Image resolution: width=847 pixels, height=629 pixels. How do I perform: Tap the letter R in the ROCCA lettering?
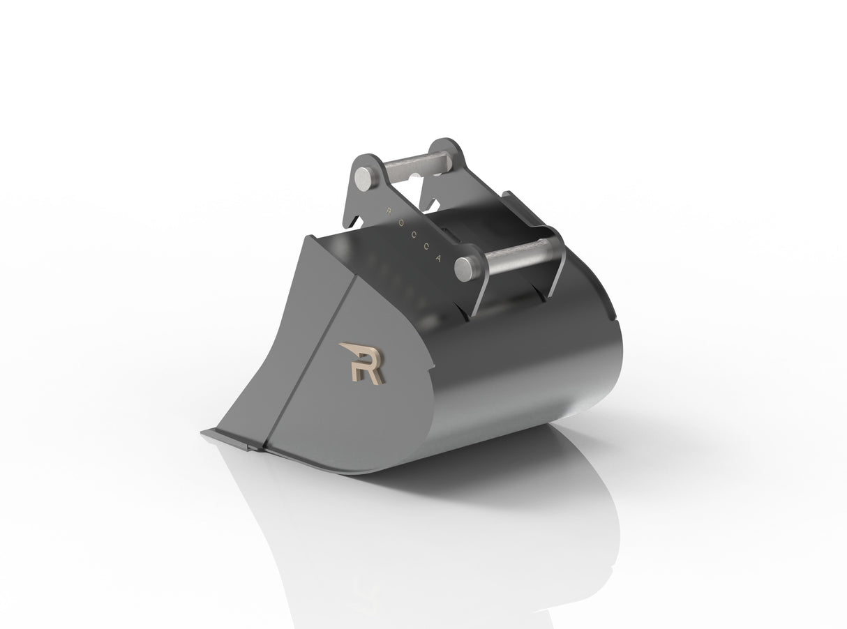point(388,206)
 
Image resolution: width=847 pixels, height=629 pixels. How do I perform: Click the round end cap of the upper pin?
point(366,175)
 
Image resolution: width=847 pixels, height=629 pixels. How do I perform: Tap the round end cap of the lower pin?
point(465,268)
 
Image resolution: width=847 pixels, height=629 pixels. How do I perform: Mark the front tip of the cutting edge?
point(207,434)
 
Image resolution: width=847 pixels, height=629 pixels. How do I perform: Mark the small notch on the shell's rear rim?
point(614,321)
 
